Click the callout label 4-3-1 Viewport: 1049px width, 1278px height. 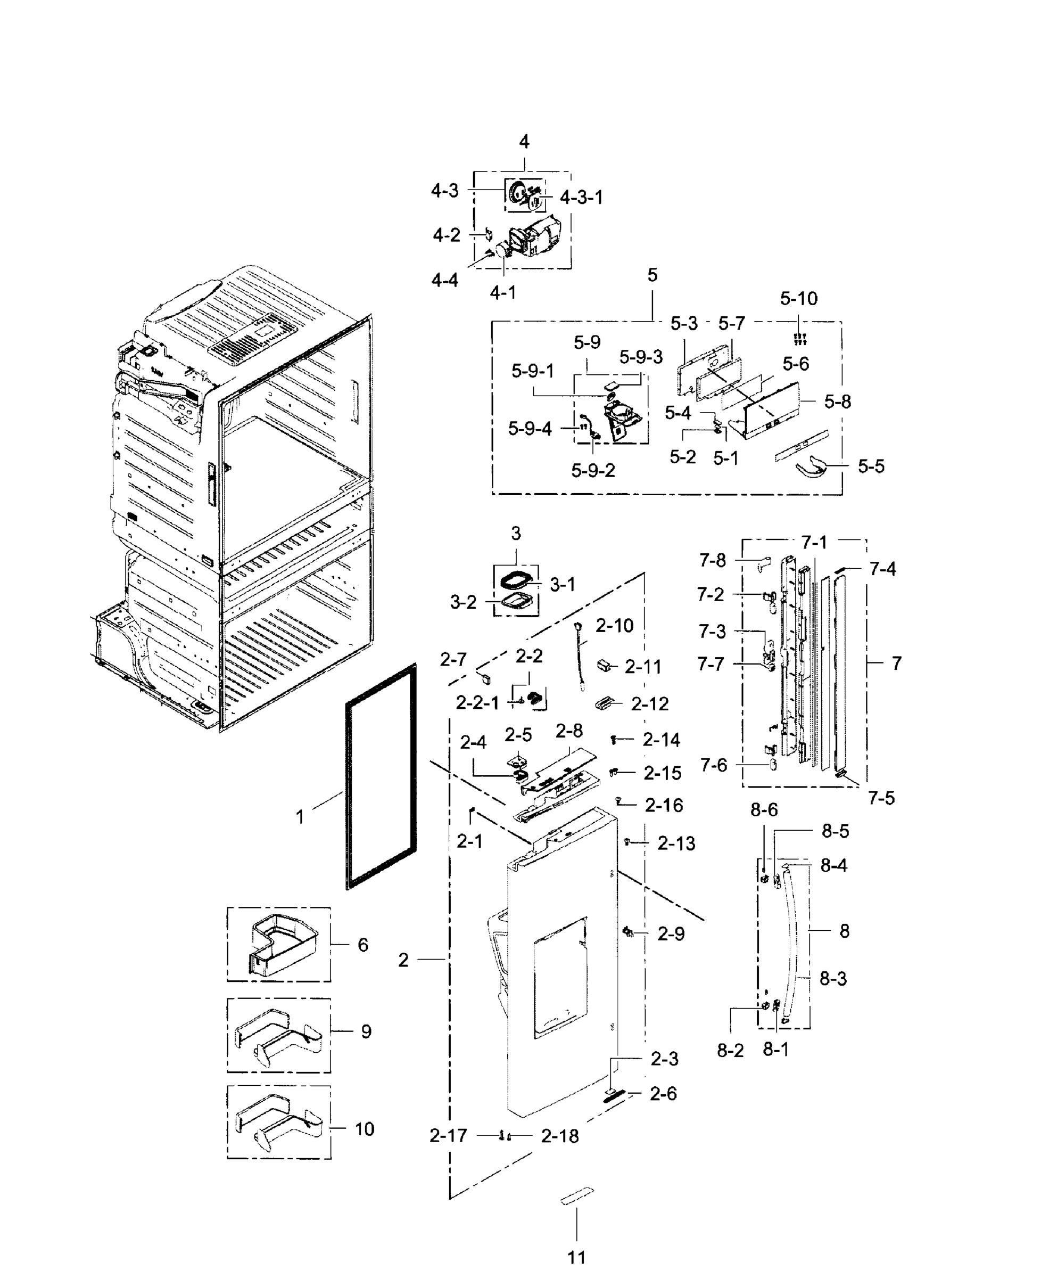tap(581, 197)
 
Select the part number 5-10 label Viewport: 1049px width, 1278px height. tap(798, 298)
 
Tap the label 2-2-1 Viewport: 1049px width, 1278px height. tap(477, 702)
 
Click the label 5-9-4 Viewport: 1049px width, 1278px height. tap(530, 429)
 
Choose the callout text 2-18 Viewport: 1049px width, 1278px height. tap(559, 1136)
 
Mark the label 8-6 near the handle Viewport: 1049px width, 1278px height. tap(764, 809)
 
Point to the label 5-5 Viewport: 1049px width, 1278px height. tap(871, 466)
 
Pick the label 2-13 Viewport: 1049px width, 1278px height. tap(676, 843)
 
